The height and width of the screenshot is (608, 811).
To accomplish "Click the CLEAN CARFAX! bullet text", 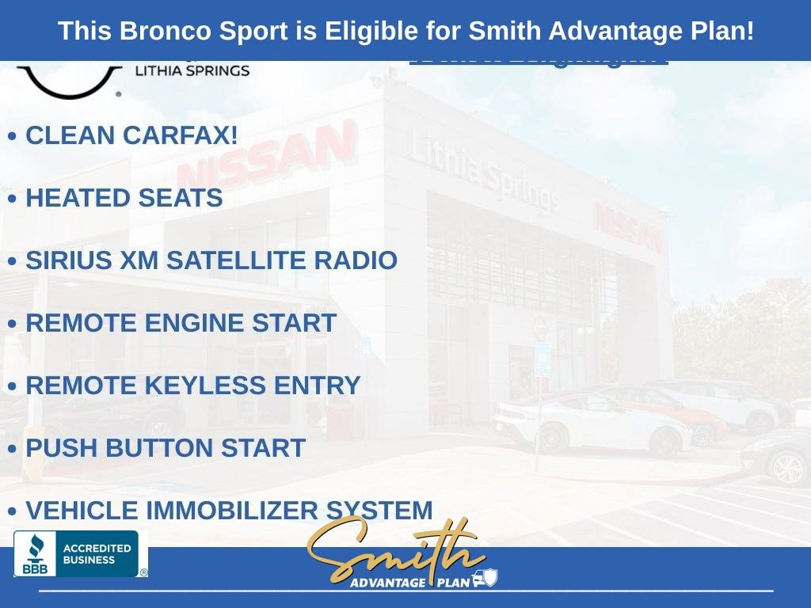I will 131,135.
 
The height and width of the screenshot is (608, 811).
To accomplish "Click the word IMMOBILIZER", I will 230,511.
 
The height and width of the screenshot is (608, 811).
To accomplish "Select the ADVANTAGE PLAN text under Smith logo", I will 410,583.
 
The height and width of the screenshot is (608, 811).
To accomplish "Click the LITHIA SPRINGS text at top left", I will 192,70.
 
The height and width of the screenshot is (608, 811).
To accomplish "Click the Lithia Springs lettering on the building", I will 483,173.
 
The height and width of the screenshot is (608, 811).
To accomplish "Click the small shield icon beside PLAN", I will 490,578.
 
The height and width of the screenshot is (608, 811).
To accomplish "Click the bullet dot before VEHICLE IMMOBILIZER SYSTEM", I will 12,512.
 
